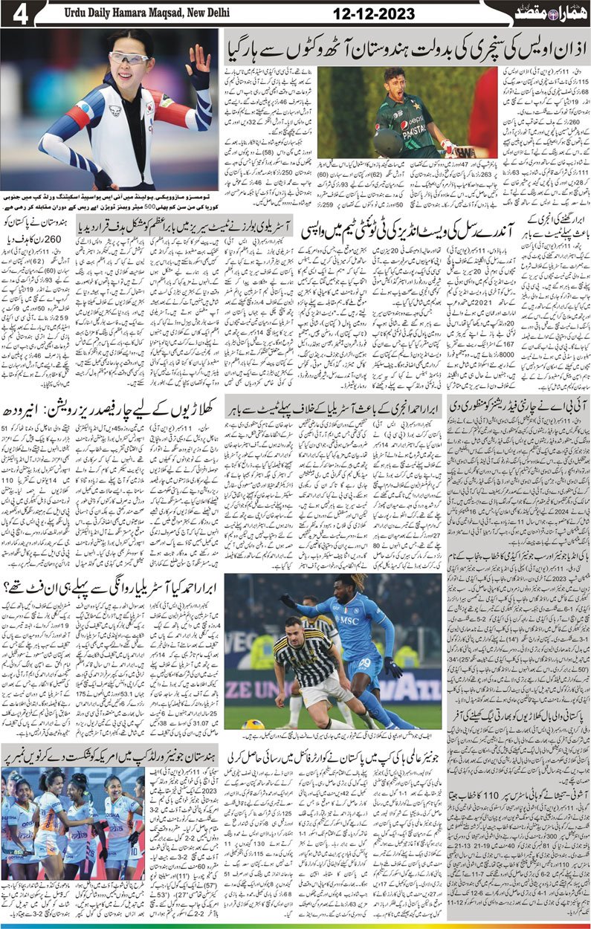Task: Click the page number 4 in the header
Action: click(16, 14)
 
